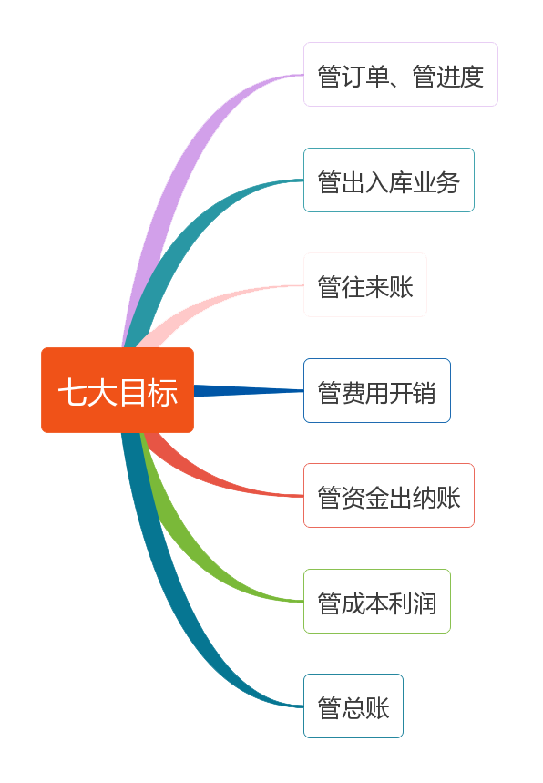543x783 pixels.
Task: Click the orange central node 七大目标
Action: click(118, 390)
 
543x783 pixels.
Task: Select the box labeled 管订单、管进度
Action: click(401, 75)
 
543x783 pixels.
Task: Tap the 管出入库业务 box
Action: click(389, 180)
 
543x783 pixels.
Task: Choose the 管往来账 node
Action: click(365, 285)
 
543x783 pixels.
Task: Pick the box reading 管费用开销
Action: click(377, 390)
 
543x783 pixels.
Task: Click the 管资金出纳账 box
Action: click(389, 495)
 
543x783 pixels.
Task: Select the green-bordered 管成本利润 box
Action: click(377, 602)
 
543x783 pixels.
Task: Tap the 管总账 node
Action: click(353, 706)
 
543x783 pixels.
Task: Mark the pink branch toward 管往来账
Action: click(210, 302)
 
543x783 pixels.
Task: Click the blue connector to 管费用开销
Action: click(249, 390)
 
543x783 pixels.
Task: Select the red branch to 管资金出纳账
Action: click(210, 479)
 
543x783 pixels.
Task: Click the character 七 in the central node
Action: click(74, 392)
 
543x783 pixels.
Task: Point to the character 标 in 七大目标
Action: click(163, 392)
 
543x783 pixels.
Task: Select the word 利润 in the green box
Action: click(413, 603)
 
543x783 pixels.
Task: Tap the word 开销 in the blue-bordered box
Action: click(413, 393)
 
